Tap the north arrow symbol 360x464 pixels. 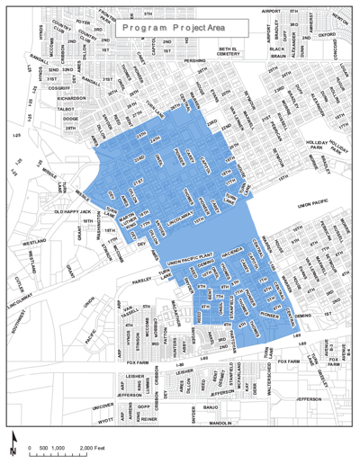pyautogui.click(x=13, y=442)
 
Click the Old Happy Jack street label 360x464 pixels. pyautogui.click(x=73, y=211)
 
